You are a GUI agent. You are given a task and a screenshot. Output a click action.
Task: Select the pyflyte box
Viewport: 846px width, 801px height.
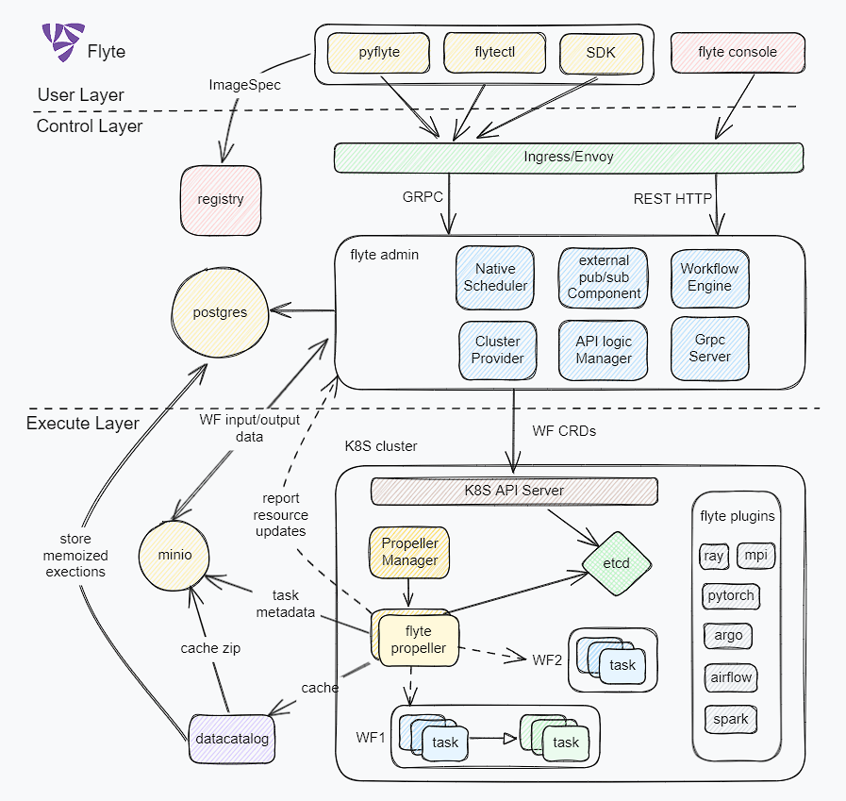(x=380, y=53)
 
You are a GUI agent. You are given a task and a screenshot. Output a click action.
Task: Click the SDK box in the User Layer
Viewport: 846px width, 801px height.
(x=601, y=53)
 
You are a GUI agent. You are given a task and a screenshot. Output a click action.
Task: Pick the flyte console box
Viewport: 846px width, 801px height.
(x=738, y=53)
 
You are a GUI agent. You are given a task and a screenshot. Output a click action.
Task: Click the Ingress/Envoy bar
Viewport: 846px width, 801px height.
(x=569, y=158)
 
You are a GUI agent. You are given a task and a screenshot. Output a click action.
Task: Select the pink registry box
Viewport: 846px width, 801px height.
(x=221, y=200)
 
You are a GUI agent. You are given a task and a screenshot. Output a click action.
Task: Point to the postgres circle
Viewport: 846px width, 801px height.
(x=220, y=312)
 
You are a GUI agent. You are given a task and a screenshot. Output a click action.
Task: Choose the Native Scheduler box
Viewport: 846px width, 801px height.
(x=495, y=277)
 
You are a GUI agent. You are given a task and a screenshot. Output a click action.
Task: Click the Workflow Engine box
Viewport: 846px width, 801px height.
(x=709, y=277)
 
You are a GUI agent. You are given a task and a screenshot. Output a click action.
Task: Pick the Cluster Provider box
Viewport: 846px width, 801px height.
(x=497, y=350)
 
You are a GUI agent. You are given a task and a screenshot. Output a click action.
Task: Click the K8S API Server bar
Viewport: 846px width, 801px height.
(x=514, y=491)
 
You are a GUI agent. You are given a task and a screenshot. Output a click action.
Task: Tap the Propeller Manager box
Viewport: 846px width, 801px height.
(x=409, y=552)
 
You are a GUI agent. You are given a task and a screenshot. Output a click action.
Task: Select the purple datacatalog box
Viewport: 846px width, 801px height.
(x=231, y=739)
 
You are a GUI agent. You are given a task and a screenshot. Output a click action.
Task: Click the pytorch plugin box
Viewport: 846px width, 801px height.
(x=731, y=597)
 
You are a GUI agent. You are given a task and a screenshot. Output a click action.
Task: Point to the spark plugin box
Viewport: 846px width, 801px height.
(x=730, y=719)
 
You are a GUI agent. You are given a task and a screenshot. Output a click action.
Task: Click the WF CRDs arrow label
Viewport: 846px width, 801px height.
(x=564, y=431)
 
